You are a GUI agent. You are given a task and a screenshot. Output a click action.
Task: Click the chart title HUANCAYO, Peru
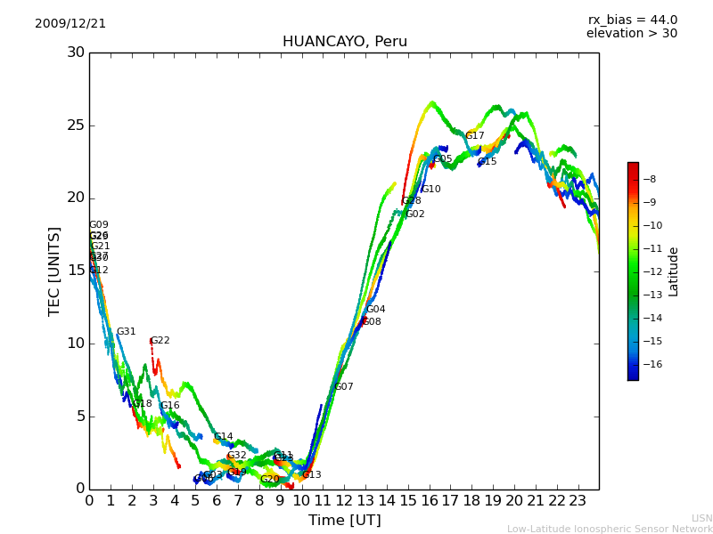(344, 42)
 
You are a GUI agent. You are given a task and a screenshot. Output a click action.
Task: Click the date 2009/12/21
(70, 24)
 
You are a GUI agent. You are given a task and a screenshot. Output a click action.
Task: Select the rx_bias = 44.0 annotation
(632, 20)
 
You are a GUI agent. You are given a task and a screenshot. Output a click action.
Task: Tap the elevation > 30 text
(631, 34)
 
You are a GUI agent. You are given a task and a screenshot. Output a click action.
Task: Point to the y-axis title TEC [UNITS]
(54, 271)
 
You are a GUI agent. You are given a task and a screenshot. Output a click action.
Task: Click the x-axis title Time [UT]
(344, 521)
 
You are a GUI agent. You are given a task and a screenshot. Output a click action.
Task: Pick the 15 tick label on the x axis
(408, 501)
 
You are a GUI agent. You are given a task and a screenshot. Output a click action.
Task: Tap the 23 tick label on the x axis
(578, 501)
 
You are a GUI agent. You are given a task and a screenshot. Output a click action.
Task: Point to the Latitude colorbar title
(674, 271)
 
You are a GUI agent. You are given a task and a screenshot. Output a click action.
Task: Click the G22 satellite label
(160, 341)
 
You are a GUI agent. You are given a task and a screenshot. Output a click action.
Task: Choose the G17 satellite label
(475, 136)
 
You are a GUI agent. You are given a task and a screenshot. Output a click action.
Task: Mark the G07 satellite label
(343, 387)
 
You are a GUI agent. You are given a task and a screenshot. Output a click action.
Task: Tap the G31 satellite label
(126, 332)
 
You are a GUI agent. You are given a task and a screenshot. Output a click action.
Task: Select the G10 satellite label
(430, 190)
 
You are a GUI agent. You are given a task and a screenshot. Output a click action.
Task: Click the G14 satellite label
(223, 437)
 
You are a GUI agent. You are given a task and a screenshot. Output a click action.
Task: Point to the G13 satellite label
(311, 475)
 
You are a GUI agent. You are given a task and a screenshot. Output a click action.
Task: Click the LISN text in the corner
(701, 518)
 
